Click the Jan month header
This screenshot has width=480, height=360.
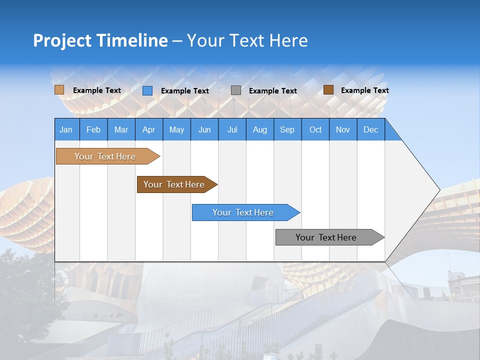point(66,129)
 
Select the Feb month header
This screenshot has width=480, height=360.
point(93,129)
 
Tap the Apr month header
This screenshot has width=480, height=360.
point(148,129)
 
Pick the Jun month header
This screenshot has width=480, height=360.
point(204,129)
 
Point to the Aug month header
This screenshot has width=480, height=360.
point(259,129)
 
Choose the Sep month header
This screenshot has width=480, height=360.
point(287,129)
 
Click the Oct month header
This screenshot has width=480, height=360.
point(315,129)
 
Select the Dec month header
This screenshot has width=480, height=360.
point(370,129)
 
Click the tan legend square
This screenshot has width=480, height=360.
point(59,90)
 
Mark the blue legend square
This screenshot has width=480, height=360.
point(147,90)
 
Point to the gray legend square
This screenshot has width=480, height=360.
point(236,90)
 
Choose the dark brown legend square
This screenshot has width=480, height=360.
point(328,90)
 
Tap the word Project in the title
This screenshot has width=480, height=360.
point(61,40)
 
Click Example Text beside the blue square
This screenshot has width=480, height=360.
point(185,91)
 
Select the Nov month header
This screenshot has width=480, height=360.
point(343,129)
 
